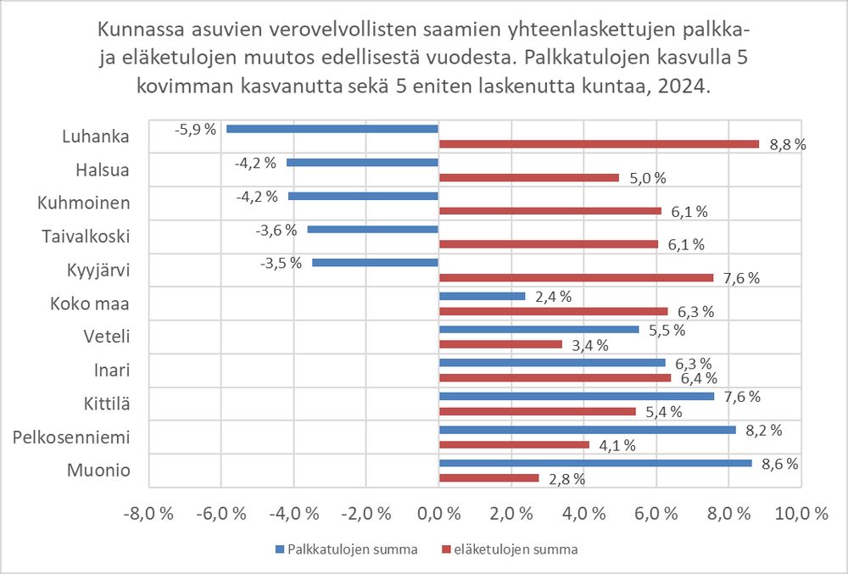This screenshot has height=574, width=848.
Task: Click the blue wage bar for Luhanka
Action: (332, 129)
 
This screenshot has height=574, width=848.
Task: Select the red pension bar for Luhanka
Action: (599, 144)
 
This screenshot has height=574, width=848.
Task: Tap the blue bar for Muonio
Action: (594, 463)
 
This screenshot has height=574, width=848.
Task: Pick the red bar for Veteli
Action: (500, 344)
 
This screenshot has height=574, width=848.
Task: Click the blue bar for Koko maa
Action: (482, 296)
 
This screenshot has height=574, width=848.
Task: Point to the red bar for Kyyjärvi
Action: (576, 277)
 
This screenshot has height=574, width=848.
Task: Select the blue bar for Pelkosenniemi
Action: (587, 430)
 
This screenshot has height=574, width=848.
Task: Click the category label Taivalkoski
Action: (85, 237)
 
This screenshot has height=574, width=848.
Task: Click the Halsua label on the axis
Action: (103, 170)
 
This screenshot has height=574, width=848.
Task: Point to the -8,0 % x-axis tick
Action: (149, 514)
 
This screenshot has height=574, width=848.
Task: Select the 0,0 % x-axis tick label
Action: (438, 514)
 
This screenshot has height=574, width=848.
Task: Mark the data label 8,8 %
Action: (787, 145)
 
